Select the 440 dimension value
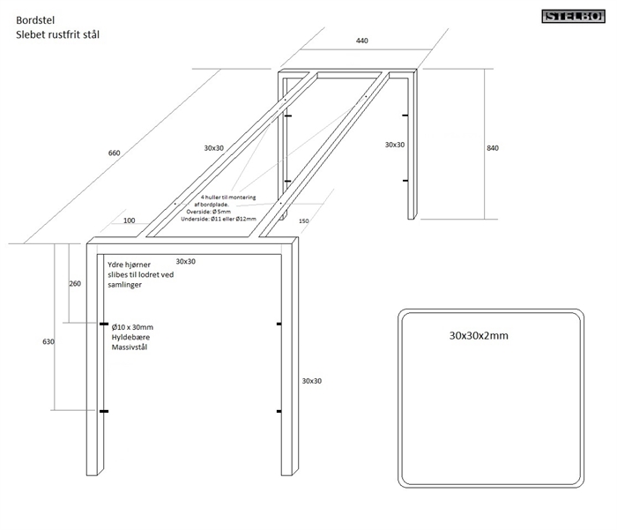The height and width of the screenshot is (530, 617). (x=362, y=41)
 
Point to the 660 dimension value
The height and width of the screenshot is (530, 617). (x=114, y=153)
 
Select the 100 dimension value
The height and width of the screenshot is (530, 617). (x=130, y=220)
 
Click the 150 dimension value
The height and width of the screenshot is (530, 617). (x=306, y=221)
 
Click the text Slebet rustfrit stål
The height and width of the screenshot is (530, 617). (x=56, y=35)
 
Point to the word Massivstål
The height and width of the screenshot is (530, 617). (x=130, y=348)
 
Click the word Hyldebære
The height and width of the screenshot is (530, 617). (x=130, y=338)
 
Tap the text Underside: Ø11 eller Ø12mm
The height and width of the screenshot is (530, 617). (x=221, y=219)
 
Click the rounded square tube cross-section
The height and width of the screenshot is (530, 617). (x=492, y=397)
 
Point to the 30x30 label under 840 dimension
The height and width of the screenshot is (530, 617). (x=394, y=144)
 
